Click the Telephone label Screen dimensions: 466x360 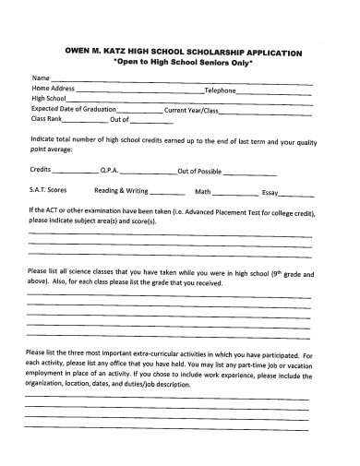click(221, 90)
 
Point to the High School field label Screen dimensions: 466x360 click(49, 99)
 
